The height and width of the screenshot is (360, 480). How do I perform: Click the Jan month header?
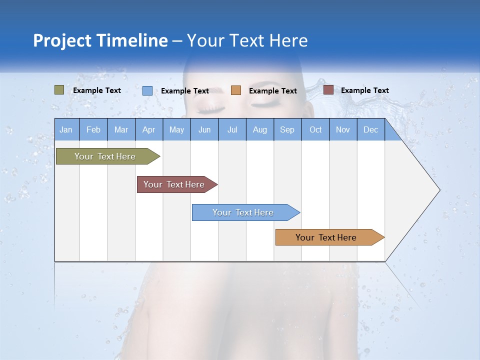pyautogui.click(x=66, y=129)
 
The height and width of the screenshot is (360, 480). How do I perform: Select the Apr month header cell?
pyautogui.click(x=148, y=129)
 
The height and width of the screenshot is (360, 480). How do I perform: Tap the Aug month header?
pyautogui.click(x=259, y=129)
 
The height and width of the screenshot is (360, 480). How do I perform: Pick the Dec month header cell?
pyautogui.click(x=370, y=129)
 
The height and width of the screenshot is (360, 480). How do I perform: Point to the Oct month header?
pyautogui.click(x=315, y=129)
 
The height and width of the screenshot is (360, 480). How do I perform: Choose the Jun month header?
pyautogui.click(x=204, y=129)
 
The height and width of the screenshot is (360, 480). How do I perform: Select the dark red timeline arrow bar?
pyautogui.click(x=175, y=184)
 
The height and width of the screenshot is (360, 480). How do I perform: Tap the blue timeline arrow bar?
pyautogui.click(x=244, y=212)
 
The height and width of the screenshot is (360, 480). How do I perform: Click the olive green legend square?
pyautogui.click(x=59, y=90)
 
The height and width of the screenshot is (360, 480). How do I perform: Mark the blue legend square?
pyautogui.click(x=147, y=90)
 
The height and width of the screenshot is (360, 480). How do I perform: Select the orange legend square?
pyautogui.click(x=235, y=90)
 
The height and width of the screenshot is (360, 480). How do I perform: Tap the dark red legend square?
pyautogui.click(x=328, y=90)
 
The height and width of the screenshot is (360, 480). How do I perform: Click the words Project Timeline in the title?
pyautogui.click(x=100, y=40)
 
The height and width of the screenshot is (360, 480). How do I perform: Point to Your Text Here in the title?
pyautogui.click(x=247, y=40)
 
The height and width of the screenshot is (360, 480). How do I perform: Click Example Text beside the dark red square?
pyautogui.click(x=364, y=90)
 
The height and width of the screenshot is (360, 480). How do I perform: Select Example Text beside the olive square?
pyautogui.click(x=96, y=90)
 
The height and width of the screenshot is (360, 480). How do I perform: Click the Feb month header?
pyautogui.click(x=93, y=129)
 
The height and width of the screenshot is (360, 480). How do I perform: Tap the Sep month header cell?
pyautogui.click(x=287, y=129)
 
